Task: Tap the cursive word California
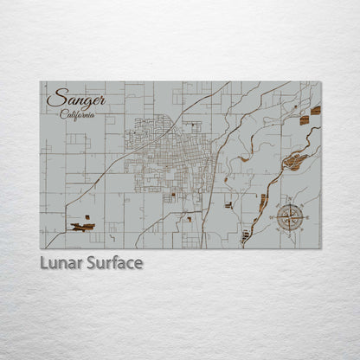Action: [x=78, y=114]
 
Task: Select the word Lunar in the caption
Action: [x=61, y=263]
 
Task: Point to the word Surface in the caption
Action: [x=114, y=263]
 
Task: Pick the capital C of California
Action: [x=63, y=113]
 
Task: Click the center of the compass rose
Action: [x=290, y=217]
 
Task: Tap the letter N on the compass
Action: [x=290, y=203]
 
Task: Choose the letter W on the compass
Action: [x=276, y=217]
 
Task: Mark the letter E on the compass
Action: [x=304, y=217]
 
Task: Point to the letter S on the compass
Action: [x=290, y=231]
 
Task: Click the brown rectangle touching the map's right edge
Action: [x=316, y=111]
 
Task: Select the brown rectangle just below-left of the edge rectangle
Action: [x=305, y=120]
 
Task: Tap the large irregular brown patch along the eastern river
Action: [x=294, y=160]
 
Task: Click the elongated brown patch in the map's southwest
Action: [x=82, y=227]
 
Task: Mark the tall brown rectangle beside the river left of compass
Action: [x=263, y=201]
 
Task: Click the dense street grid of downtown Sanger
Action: [x=164, y=160]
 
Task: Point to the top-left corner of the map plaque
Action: [x=40, y=82]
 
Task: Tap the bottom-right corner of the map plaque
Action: [x=320, y=249]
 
